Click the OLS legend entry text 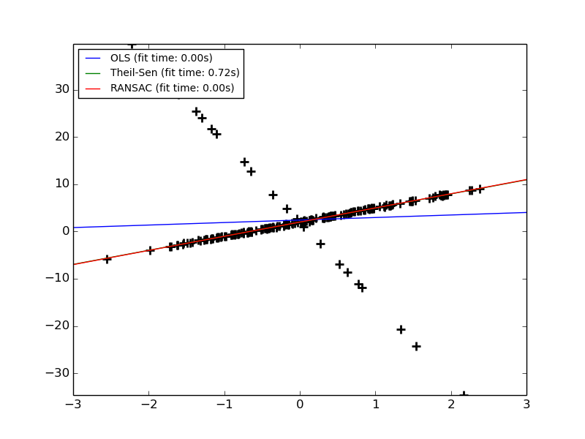click(161, 58)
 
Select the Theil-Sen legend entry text click(175, 73)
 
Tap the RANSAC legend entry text click(172, 89)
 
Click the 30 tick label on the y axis click(61, 89)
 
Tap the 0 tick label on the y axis click(65, 231)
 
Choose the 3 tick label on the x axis click(526, 405)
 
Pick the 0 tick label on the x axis click(300, 405)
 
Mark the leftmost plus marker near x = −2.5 click(107, 258)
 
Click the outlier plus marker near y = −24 click(416, 345)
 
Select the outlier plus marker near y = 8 click(273, 195)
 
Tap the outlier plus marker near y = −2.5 click(320, 243)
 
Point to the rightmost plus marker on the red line click(480, 189)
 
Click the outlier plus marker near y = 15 click(244, 162)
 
